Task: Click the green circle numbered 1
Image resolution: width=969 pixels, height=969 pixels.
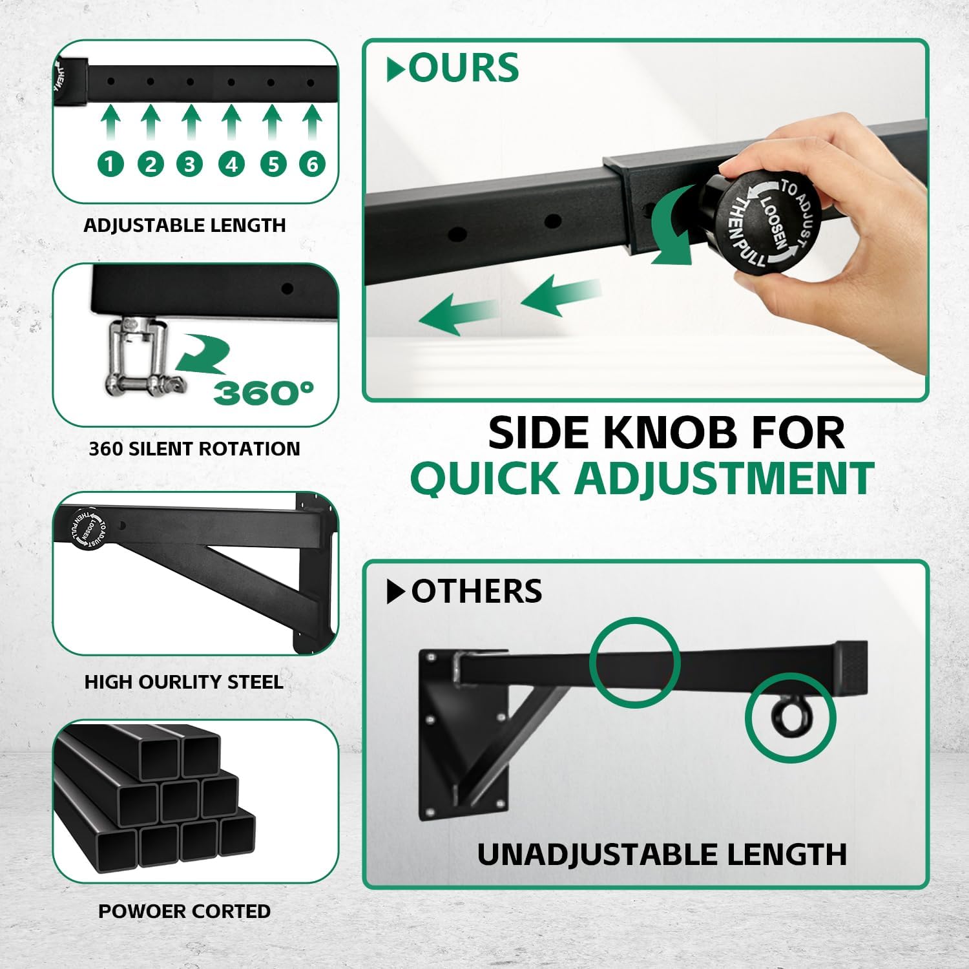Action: [110, 163]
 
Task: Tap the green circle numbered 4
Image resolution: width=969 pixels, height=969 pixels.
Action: [231, 163]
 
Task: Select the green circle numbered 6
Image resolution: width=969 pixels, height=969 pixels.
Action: [312, 163]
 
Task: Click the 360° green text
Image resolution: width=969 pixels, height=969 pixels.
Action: [264, 392]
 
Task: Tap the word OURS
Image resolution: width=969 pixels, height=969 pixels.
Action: [464, 68]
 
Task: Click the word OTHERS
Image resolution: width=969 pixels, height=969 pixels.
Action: [477, 591]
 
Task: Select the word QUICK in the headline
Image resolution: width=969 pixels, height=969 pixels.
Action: [485, 479]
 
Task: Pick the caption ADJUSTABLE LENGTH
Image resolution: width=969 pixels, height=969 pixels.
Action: [185, 225]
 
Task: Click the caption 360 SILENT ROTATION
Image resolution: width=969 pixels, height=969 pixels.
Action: [194, 448]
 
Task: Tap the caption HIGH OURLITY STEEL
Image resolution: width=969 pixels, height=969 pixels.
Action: [184, 682]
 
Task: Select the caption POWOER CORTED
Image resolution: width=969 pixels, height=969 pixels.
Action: [185, 911]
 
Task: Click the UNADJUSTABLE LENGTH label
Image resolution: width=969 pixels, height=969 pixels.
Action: [662, 854]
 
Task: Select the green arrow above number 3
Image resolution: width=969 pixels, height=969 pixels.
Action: [191, 123]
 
